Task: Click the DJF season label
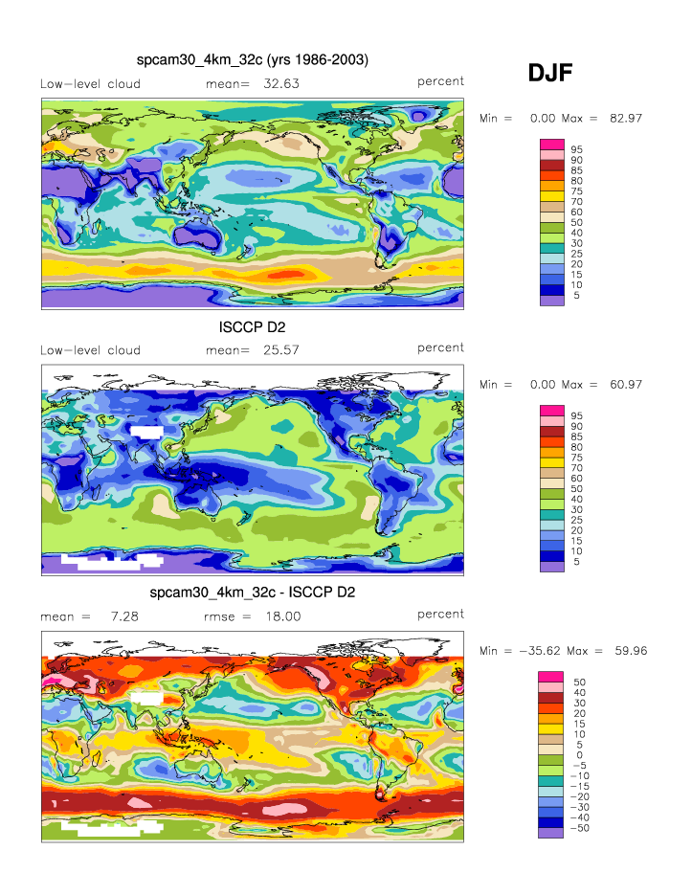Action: coord(550,73)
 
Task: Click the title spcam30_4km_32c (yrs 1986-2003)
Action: coord(253,60)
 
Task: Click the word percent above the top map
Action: coord(440,81)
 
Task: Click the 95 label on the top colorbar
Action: coord(577,149)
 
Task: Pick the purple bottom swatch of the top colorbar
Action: coord(551,301)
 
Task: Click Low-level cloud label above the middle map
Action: coord(90,349)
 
